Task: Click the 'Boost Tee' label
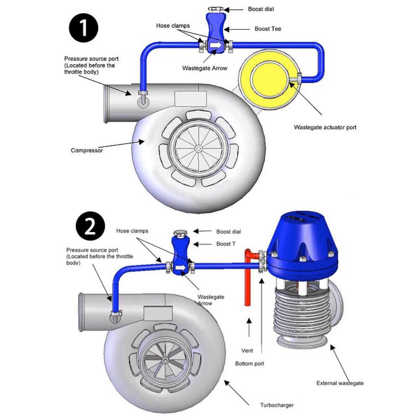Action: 268,29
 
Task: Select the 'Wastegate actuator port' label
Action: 325,127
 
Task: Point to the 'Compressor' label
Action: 87,150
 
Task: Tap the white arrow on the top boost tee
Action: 215,45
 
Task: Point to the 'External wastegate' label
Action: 340,383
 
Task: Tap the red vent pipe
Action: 247,286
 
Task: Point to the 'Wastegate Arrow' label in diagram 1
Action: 205,68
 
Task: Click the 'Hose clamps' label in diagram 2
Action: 132,231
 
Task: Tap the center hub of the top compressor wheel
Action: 197,148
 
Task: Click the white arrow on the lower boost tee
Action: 181,268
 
